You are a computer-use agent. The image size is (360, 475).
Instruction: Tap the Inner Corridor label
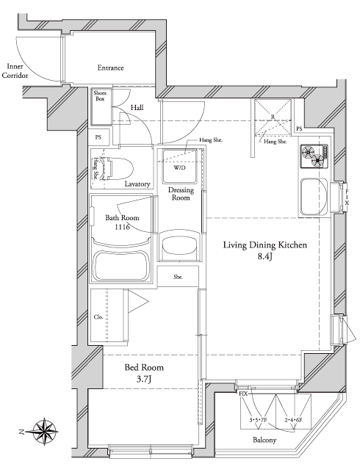coord(15,71)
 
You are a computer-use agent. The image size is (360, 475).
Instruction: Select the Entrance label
coord(111,68)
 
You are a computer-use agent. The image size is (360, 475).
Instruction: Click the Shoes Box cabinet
coord(101,106)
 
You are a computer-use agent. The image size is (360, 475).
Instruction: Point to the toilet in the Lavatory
coord(118,169)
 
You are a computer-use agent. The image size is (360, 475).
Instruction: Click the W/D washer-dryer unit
coord(179,167)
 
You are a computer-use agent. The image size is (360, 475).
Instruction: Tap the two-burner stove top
coord(314,156)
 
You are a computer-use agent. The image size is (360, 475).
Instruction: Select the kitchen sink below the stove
coord(314,196)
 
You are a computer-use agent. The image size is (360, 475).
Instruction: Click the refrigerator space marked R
coord(273,117)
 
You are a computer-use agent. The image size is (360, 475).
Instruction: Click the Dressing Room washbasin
coord(179,245)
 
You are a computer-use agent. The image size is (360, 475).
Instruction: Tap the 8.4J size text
coord(265,256)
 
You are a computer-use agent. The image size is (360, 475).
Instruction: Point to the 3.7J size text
coord(144,379)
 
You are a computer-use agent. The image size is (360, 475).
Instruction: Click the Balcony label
coord(264,440)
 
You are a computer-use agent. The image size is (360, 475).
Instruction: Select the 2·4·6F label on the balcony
coord(293,420)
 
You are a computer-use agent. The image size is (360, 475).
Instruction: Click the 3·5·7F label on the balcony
coord(258,420)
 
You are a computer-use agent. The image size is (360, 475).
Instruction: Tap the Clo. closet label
coord(98,317)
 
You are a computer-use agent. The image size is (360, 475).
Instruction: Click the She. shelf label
coord(178,277)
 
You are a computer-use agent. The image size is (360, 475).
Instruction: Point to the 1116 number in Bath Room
coord(122,227)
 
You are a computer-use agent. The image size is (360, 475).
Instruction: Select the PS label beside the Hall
coord(98,137)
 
